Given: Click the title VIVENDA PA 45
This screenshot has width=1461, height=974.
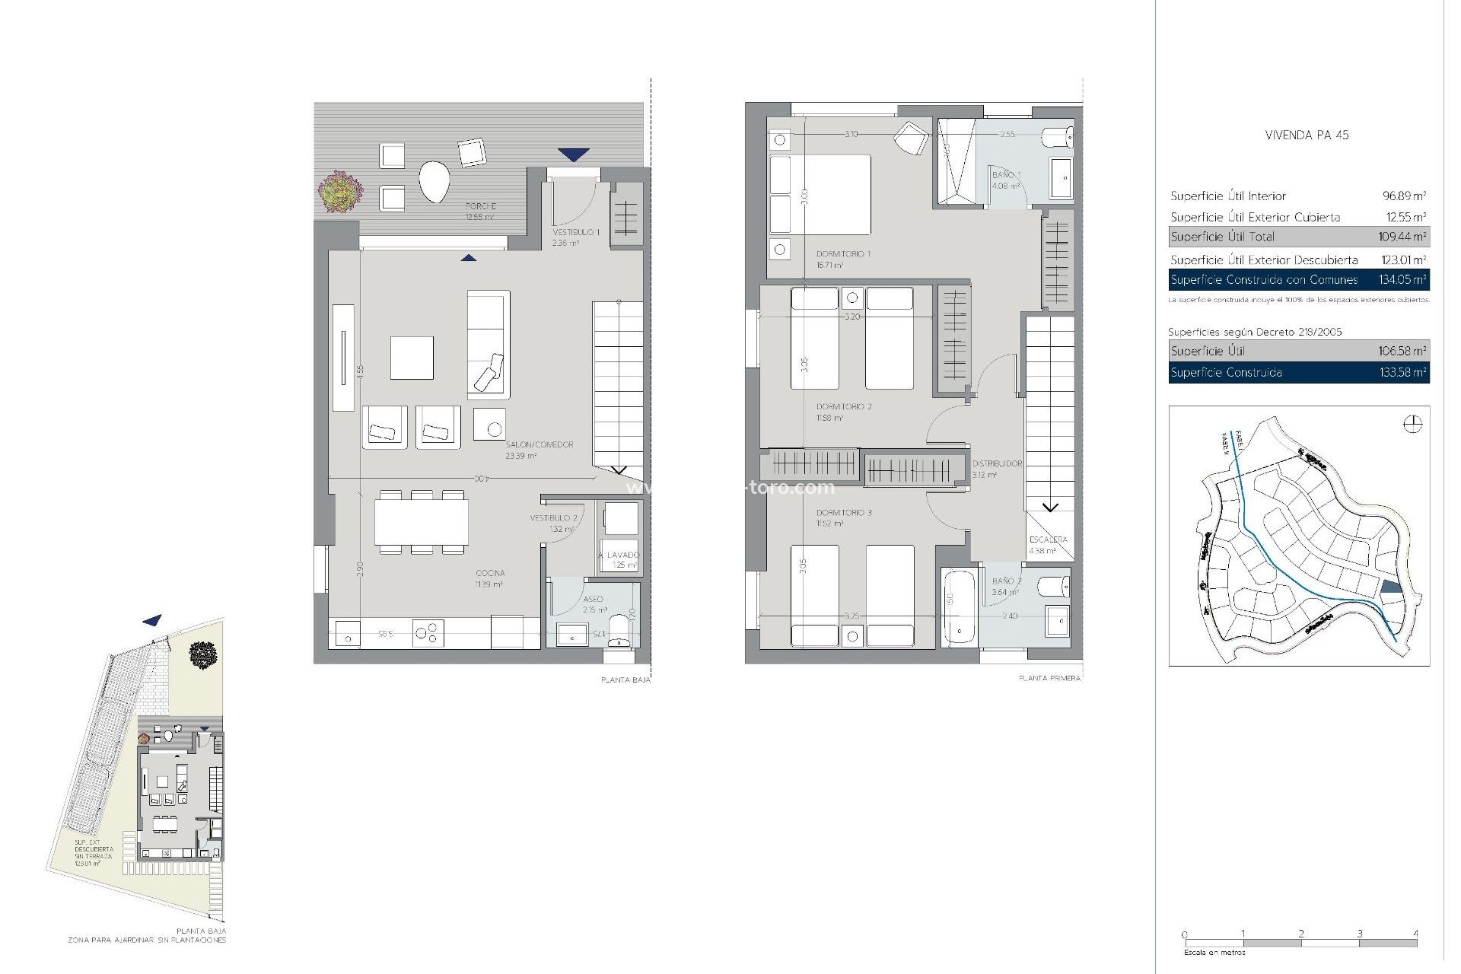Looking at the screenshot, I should pyautogui.click(x=1307, y=135).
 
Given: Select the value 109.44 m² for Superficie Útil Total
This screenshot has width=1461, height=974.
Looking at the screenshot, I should pyautogui.click(x=1402, y=237).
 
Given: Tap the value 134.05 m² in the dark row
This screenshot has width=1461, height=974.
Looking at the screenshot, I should pyautogui.click(x=1402, y=280).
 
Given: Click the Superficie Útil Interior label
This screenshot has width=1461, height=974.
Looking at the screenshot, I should pyautogui.click(x=1228, y=196).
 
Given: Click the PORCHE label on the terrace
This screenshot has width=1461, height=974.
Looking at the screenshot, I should pyautogui.click(x=480, y=206).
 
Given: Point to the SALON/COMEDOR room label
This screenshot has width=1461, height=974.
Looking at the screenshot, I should pyautogui.click(x=539, y=444).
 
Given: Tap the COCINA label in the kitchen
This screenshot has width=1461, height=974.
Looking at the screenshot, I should pyautogui.click(x=490, y=574).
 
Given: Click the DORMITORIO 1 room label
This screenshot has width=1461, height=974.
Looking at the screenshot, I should pyautogui.click(x=842, y=254).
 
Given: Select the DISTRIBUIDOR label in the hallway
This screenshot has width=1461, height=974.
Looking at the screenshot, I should pyautogui.click(x=997, y=463).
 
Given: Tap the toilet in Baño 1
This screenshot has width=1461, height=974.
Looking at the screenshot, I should pyautogui.click(x=1058, y=138).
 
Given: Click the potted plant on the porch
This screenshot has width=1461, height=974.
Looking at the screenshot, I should pyautogui.click(x=339, y=191).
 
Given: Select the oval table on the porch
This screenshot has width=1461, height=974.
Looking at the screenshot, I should pyautogui.click(x=434, y=181).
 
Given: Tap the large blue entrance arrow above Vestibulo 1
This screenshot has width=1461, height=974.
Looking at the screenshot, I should pyautogui.click(x=573, y=154).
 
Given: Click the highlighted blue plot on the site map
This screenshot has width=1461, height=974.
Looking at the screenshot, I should pyautogui.click(x=1389, y=587).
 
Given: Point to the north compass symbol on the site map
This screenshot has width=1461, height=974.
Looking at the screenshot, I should pyautogui.click(x=1412, y=425).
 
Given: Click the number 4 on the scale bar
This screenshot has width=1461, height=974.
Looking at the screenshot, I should pyautogui.click(x=1415, y=934).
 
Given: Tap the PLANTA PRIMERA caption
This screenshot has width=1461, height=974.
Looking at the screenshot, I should pyautogui.click(x=1049, y=678).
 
